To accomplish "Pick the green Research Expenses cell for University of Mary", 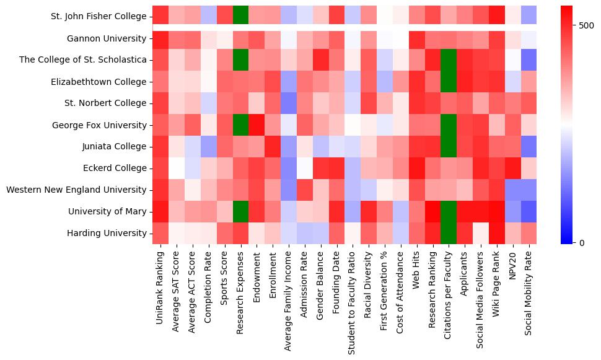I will coord(240,211).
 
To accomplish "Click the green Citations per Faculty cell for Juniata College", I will coord(449,146).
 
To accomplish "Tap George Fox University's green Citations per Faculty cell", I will coord(449,125).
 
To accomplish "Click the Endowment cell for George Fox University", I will coord(257,125).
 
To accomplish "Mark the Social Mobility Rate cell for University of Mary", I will coord(530,211).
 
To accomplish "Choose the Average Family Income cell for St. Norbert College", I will coord(289,103).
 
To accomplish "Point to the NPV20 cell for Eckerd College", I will coord(514,168).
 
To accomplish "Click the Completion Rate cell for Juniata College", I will coord(208,146).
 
